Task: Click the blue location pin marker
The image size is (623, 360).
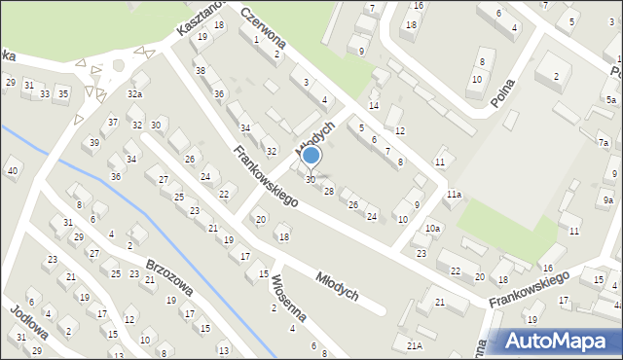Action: (x=311, y=156)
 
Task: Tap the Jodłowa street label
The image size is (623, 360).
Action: (x=29, y=320)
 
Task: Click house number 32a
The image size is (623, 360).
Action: (x=134, y=93)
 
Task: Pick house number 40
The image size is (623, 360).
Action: (x=13, y=171)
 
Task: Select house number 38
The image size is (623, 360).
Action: (x=200, y=71)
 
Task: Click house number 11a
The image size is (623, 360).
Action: (x=454, y=195)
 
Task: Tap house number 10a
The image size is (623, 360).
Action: (x=432, y=228)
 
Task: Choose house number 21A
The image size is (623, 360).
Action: (x=415, y=345)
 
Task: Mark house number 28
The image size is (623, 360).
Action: (x=329, y=191)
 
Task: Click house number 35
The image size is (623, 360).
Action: (x=63, y=92)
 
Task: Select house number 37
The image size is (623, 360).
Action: (x=114, y=122)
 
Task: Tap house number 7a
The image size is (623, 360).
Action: (x=604, y=143)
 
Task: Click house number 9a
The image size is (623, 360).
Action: (x=607, y=199)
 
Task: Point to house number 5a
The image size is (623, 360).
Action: (x=610, y=100)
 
